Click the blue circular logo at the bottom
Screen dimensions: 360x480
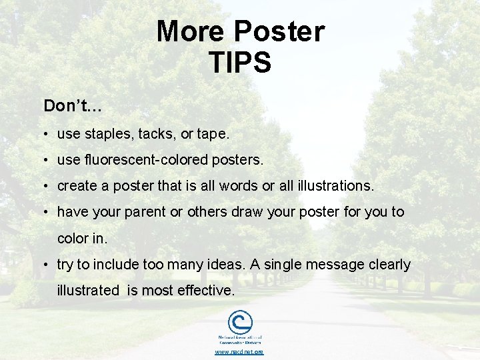(x=240, y=323)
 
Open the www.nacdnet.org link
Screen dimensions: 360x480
(x=239, y=352)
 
